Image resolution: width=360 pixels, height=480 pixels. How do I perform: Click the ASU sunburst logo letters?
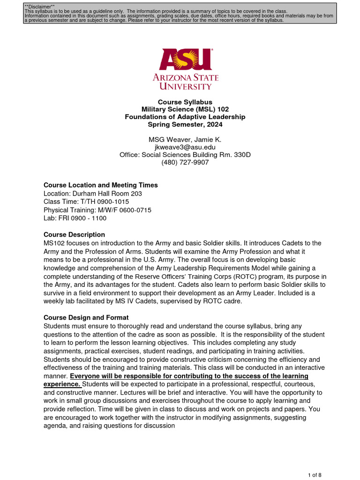[x=185, y=59]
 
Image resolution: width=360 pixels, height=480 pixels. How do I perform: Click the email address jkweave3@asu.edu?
[x=185, y=147]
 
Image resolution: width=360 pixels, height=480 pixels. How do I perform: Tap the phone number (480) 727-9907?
[x=185, y=162]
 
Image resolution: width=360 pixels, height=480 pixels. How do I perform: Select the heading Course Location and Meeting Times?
[x=100, y=185]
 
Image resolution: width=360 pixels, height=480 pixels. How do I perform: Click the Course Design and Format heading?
[x=86, y=317]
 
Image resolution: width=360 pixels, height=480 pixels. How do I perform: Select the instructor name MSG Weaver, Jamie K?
[x=185, y=139]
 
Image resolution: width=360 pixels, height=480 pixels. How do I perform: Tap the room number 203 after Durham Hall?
[x=136, y=193]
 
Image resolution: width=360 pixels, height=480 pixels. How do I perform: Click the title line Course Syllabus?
[x=185, y=102]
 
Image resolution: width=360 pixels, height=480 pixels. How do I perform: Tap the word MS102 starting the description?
[x=54, y=243]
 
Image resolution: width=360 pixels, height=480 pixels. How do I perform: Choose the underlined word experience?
[x=61, y=384]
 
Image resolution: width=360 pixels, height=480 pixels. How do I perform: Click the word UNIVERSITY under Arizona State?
[x=185, y=87]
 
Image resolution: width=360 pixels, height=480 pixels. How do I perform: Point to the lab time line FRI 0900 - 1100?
[x=82, y=218]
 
